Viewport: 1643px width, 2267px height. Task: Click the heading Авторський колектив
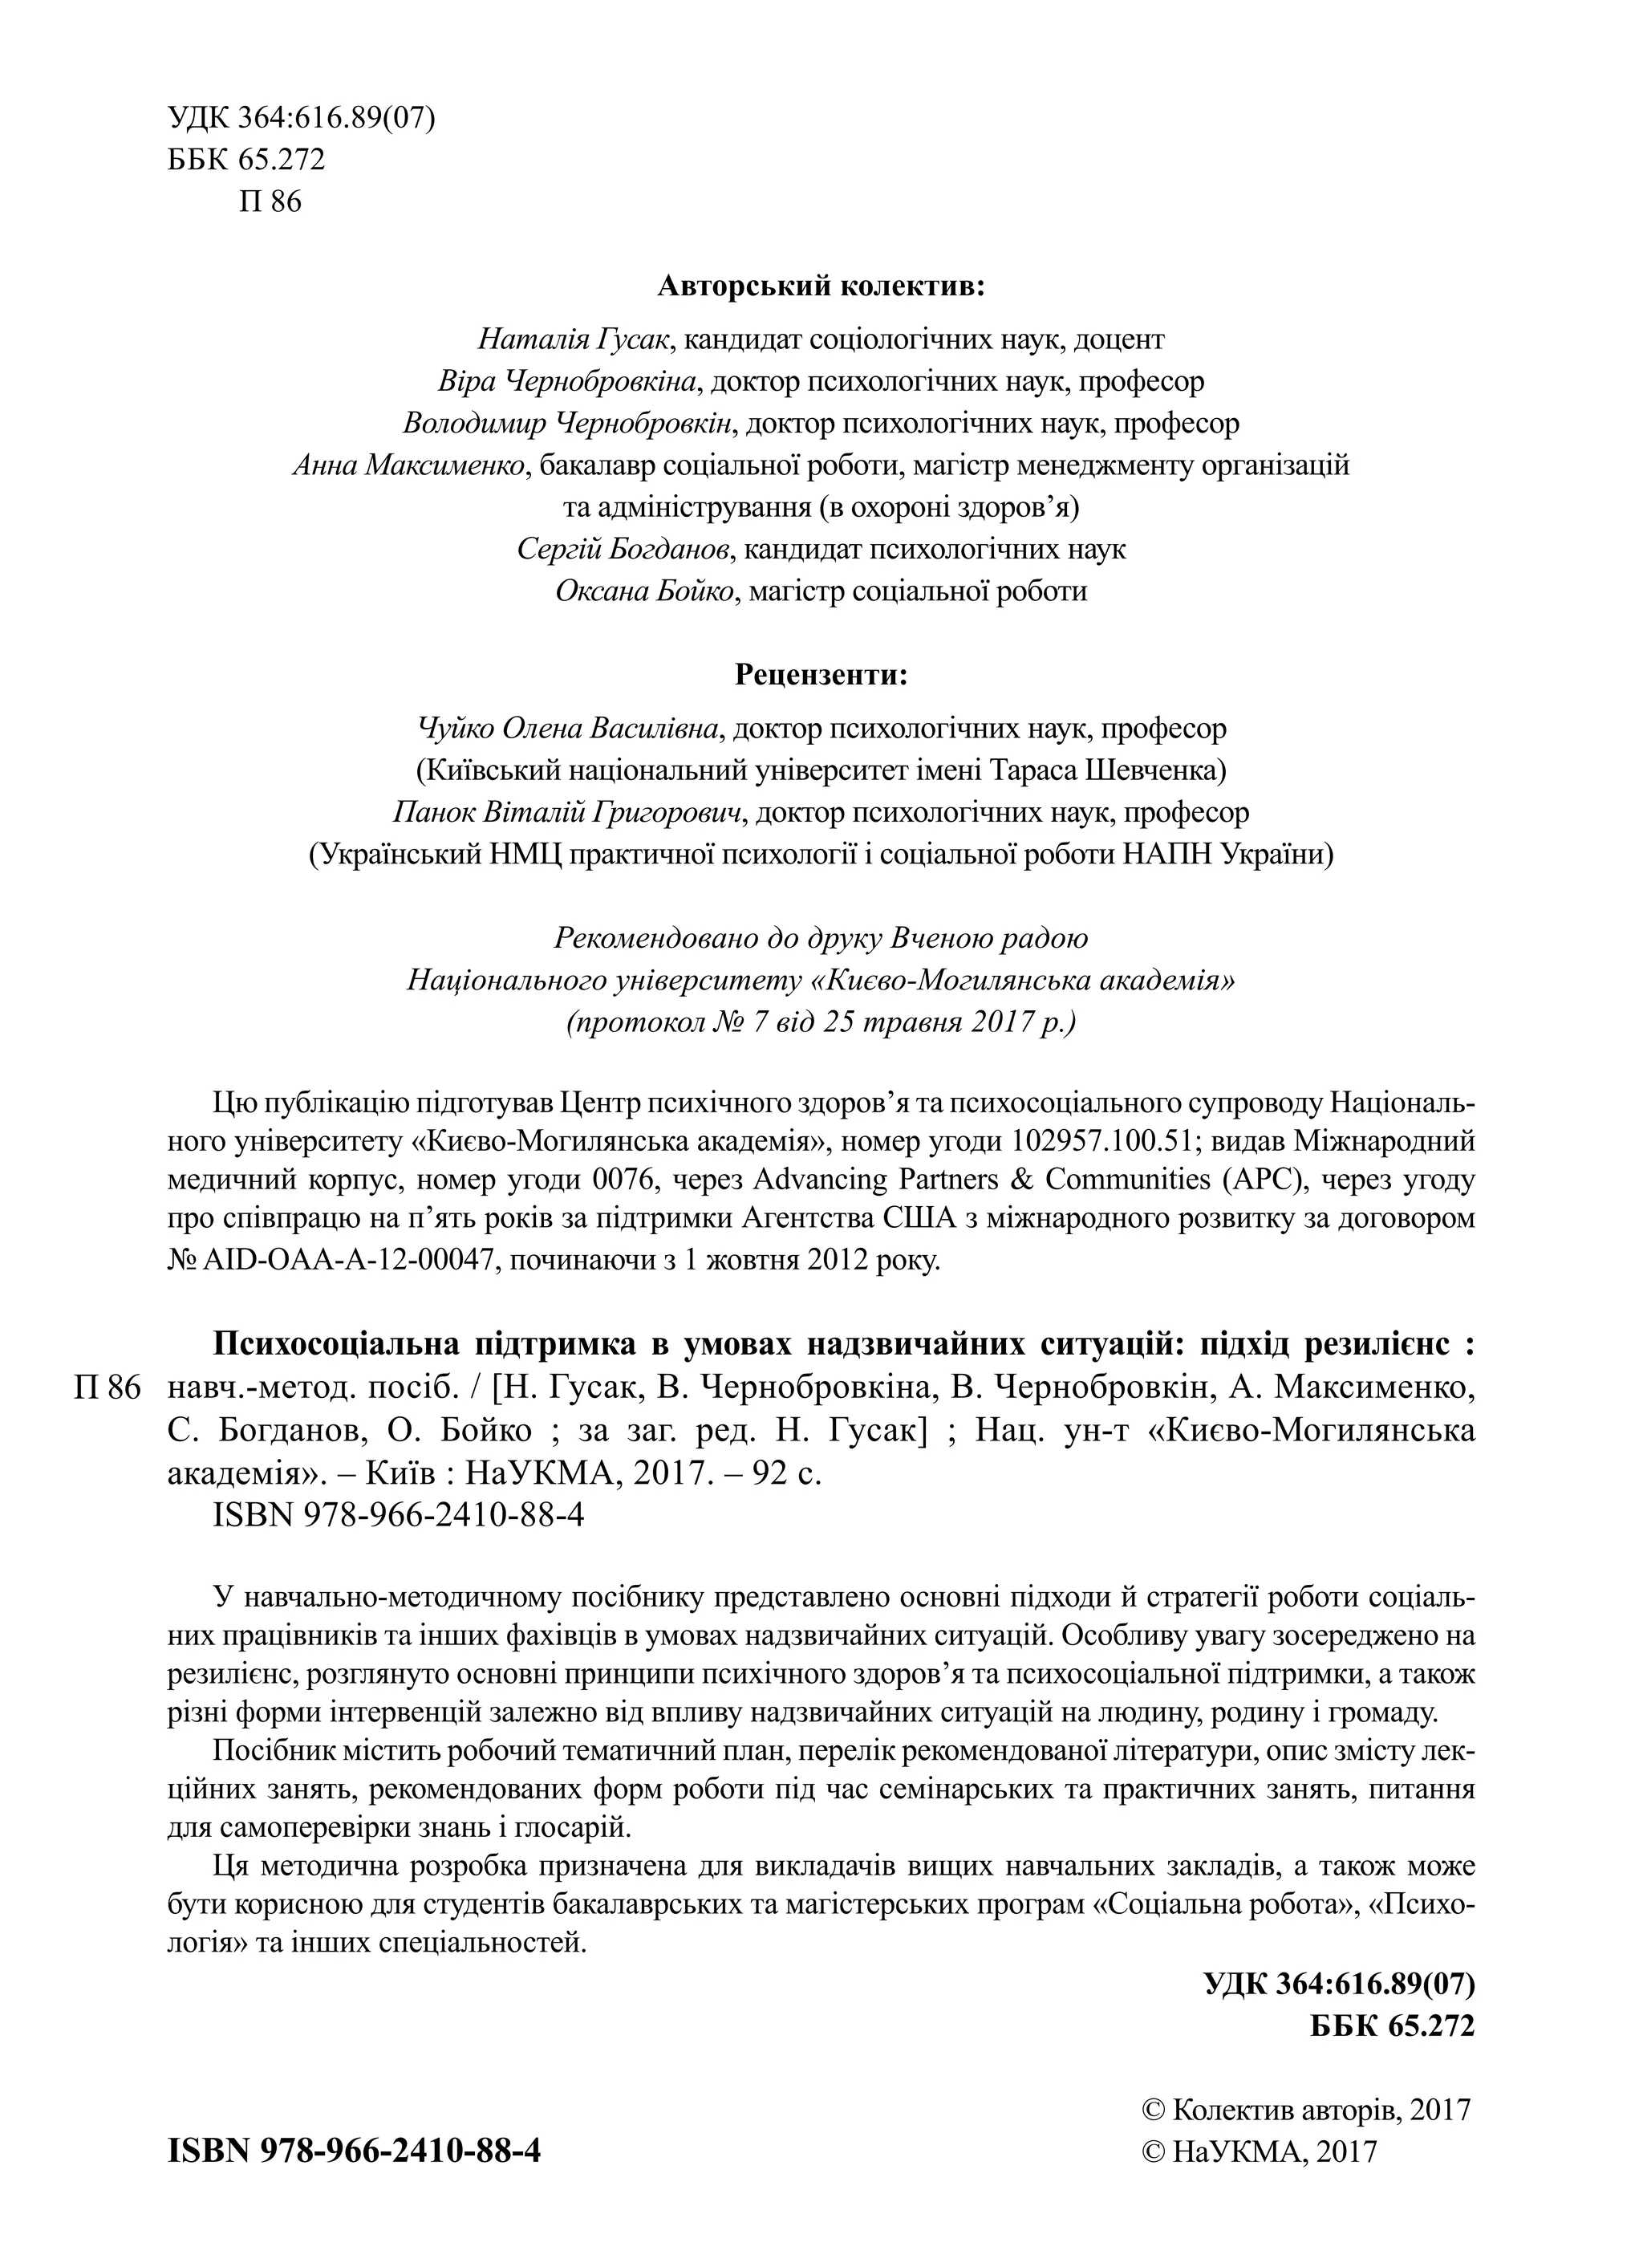(x=821, y=288)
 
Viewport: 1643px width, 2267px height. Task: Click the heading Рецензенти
(x=821, y=676)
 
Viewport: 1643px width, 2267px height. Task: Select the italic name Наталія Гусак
(x=578, y=340)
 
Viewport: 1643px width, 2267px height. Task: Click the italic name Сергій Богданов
(x=627, y=550)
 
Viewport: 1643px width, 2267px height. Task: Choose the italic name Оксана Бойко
(x=646, y=591)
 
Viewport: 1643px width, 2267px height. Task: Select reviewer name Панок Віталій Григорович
(x=570, y=814)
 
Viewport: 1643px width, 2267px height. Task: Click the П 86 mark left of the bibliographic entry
(x=108, y=1388)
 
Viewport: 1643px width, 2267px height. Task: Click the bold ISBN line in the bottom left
(x=354, y=2151)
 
